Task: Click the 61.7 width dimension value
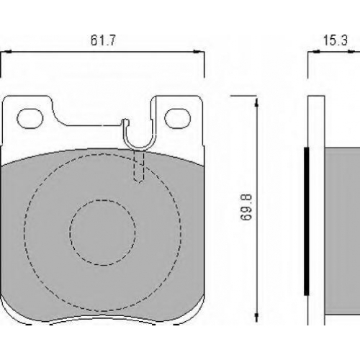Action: click(x=103, y=40)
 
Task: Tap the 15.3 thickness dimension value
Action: click(x=336, y=40)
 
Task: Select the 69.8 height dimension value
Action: click(x=246, y=207)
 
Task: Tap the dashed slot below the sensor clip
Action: click(x=138, y=166)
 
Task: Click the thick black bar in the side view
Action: click(x=306, y=221)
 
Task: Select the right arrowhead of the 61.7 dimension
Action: click(x=197, y=51)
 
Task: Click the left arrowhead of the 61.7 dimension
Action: click(x=8, y=51)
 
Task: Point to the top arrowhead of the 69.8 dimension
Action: click(x=256, y=102)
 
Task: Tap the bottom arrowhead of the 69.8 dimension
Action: click(x=256, y=316)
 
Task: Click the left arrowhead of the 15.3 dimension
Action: click(x=317, y=51)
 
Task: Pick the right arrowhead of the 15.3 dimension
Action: click(x=351, y=51)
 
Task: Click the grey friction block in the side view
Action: click(x=343, y=231)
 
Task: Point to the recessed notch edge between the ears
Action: click(x=94, y=125)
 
